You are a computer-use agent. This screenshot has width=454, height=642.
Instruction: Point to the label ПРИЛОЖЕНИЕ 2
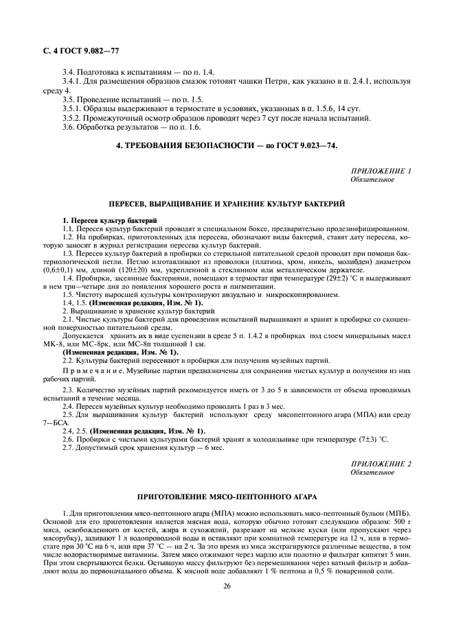pos(381,464)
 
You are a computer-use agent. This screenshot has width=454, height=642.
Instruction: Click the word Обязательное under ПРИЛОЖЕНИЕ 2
pos(372,473)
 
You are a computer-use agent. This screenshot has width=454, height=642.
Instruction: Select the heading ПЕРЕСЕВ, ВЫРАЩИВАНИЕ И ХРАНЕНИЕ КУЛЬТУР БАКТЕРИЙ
pos(227,204)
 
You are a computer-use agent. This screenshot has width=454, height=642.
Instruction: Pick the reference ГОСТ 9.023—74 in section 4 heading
pos(307,145)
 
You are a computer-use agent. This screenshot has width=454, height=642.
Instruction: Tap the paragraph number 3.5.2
pos(73,117)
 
